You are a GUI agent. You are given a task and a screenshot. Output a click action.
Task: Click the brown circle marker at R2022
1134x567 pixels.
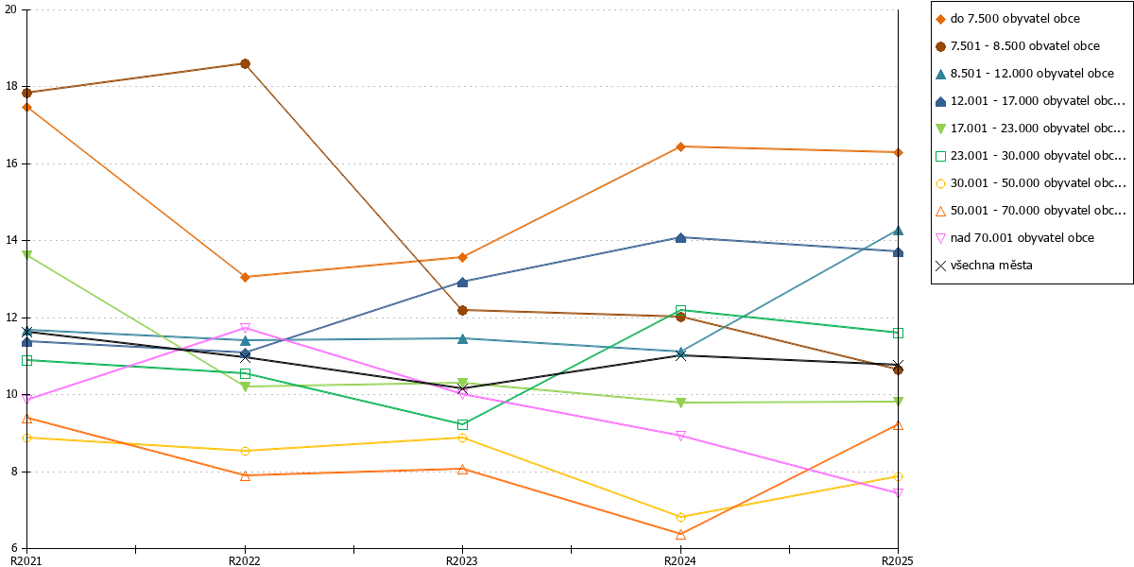coord(245,64)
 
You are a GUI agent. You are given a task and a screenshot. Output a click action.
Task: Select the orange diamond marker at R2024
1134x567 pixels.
coord(681,146)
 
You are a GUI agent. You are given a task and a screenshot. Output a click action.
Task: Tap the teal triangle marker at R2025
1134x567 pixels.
coord(898,231)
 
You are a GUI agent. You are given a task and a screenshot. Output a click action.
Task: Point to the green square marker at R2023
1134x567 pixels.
coord(462,424)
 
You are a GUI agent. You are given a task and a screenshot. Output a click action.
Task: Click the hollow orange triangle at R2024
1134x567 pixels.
coord(681,534)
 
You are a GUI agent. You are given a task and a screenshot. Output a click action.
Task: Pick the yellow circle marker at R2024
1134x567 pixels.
coord(681,518)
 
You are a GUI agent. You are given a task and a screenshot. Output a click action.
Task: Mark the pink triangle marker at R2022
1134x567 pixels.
coord(245,329)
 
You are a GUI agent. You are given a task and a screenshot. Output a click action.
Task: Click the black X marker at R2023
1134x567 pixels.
coord(462,388)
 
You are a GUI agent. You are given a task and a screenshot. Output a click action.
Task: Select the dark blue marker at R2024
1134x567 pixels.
coord(681,238)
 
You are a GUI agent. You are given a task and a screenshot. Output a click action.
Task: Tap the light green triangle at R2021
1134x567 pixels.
coord(27,254)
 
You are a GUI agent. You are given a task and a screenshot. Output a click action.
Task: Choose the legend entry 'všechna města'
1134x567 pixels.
coord(984,266)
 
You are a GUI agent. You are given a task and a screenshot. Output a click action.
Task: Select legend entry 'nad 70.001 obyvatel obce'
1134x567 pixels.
coord(1015,238)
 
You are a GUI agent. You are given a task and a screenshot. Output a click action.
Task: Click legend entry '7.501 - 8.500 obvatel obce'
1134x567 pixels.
coord(1018,46)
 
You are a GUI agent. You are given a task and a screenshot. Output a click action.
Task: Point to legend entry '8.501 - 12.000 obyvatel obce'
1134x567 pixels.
coord(1024,74)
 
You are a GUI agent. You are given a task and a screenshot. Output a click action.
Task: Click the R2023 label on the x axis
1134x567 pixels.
coord(462,560)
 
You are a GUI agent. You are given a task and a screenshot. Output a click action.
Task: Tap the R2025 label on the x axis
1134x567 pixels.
coord(898,560)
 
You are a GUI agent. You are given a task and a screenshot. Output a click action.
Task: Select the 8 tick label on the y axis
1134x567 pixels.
coord(14,472)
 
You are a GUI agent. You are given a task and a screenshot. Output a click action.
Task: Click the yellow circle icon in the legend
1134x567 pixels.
coord(940,183)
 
